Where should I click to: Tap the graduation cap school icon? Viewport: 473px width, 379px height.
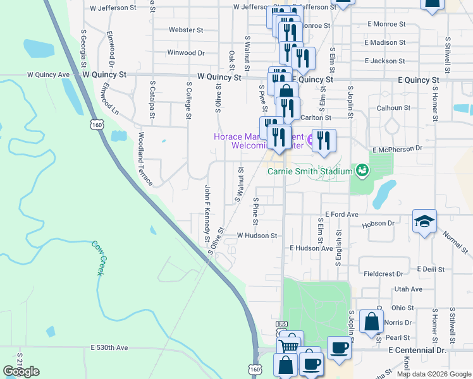424,221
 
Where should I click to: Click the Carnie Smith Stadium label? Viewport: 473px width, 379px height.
309,171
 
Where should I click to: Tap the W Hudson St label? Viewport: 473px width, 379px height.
257,236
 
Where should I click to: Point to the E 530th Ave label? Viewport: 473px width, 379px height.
109,348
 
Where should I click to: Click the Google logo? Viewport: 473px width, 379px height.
21,371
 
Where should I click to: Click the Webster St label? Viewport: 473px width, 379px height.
186,30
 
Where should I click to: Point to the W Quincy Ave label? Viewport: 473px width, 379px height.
48,75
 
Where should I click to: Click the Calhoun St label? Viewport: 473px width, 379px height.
393,108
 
